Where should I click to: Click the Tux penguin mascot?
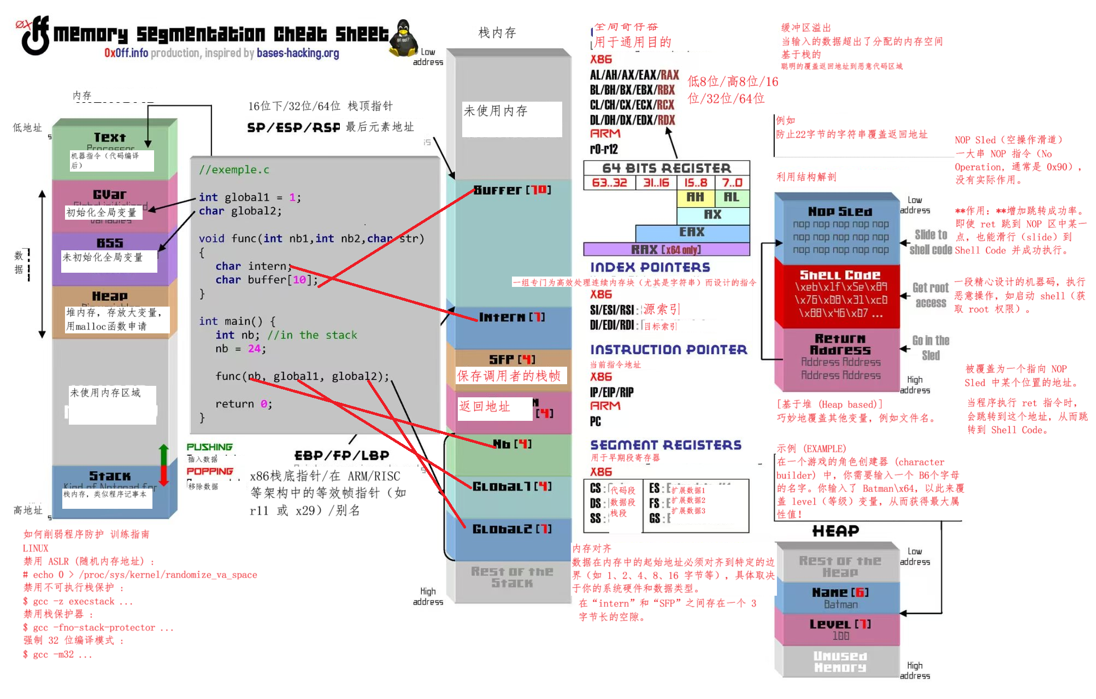pos(403,38)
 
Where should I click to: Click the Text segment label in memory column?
pos(110,137)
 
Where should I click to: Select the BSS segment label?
pos(110,243)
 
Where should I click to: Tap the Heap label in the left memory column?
pos(110,296)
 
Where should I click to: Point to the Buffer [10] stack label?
pos(512,190)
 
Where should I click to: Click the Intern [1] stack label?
pos(512,317)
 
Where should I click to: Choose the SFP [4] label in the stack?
pos(512,359)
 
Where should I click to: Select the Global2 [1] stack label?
pos(512,529)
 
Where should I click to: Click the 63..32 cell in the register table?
pos(609,183)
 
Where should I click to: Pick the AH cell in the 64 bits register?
pos(695,197)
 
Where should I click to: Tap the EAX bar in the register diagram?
pos(692,232)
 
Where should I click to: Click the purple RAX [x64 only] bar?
pos(666,250)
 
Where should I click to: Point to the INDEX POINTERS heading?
pos(650,267)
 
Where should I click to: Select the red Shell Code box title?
pos(840,275)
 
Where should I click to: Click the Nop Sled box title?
pos(840,212)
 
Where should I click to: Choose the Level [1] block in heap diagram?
pos(840,624)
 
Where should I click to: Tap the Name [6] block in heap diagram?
pos(840,592)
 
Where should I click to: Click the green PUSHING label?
pos(209,447)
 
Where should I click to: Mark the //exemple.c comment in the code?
pos(234,170)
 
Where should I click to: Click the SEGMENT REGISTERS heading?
pos(665,445)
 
